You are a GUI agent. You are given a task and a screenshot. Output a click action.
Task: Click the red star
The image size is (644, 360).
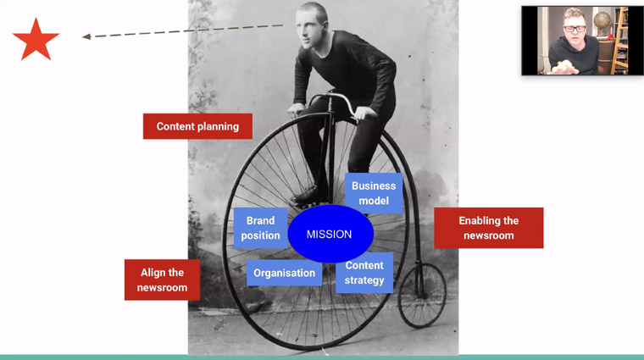point(36,41)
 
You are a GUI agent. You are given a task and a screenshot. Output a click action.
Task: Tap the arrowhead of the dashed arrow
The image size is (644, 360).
point(86,36)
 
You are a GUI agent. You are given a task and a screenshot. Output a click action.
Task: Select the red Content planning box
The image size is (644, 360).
point(197,126)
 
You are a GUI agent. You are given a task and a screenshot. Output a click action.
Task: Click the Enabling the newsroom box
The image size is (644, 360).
point(489,228)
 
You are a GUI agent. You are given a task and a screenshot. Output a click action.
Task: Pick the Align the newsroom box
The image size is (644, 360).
point(162,280)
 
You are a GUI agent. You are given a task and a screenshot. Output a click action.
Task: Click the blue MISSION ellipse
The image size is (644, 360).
point(330,234)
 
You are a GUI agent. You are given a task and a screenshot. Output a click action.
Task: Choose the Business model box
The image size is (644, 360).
point(374,193)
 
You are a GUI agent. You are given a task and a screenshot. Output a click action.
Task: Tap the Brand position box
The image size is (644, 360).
point(260,228)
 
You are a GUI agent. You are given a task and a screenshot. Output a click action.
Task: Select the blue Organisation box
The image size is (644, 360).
point(284,273)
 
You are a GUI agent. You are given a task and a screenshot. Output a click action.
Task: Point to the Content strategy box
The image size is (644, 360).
point(364,273)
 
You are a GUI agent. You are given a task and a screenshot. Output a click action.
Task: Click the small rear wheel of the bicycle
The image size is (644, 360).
point(422,296)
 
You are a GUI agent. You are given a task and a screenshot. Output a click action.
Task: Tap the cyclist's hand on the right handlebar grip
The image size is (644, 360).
point(365,113)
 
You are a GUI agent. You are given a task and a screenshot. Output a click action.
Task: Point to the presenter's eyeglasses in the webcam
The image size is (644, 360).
point(575,29)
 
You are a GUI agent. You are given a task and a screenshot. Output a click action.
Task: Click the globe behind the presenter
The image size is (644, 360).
point(602,20)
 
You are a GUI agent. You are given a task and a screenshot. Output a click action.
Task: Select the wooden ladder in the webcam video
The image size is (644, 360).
point(620,41)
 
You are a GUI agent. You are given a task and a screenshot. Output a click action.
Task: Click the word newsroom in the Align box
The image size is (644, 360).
point(162,287)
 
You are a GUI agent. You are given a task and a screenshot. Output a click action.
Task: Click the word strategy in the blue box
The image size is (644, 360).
point(364,280)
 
